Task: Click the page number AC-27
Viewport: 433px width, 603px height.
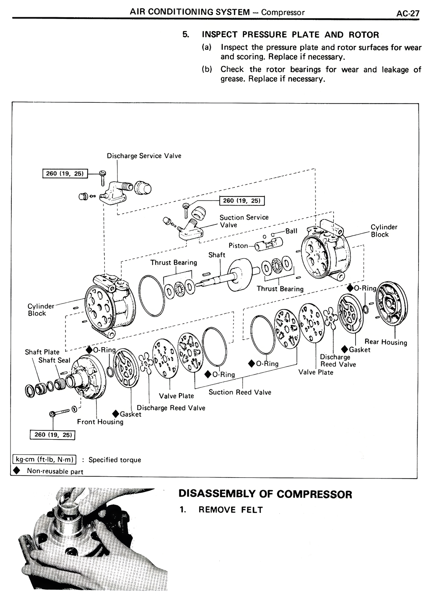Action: tap(408, 13)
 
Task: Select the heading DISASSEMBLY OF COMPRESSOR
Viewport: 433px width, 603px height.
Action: tap(265, 494)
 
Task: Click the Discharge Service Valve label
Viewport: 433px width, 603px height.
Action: tap(144, 156)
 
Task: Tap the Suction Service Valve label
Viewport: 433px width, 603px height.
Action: tap(244, 221)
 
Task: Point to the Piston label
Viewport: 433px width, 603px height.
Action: tap(238, 246)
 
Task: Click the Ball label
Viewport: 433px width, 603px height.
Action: tap(291, 231)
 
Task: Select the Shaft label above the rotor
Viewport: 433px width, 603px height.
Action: tap(216, 255)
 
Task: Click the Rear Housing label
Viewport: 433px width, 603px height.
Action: tap(386, 342)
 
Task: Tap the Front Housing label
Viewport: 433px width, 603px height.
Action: tap(100, 422)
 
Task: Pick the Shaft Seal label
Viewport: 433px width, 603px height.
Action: tap(54, 360)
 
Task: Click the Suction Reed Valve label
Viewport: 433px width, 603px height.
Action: tap(240, 392)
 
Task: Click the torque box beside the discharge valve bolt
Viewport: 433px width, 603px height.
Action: tap(64, 174)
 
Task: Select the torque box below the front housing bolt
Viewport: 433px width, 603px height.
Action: tap(52, 435)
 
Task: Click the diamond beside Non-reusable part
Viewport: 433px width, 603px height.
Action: tap(16, 471)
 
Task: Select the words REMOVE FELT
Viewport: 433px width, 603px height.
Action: tap(230, 510)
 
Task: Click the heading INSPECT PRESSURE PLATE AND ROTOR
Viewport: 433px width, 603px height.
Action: tap(290, 35)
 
